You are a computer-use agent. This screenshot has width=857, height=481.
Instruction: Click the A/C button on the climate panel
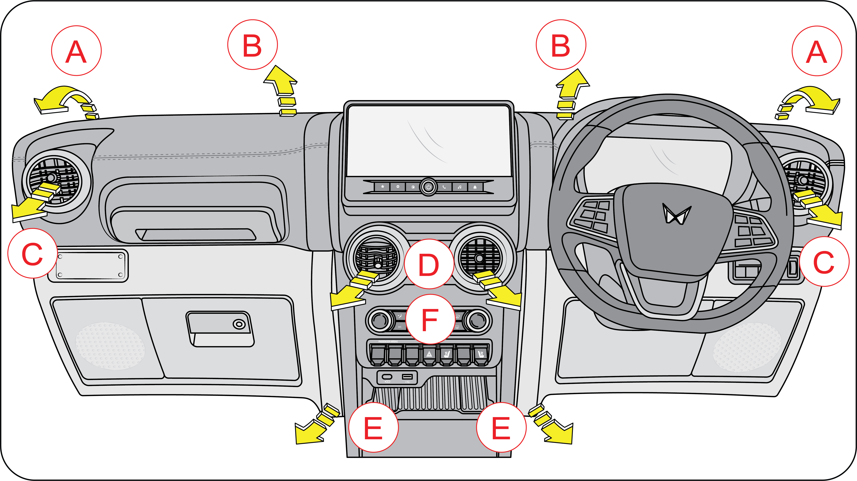click(x=400, y=327)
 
